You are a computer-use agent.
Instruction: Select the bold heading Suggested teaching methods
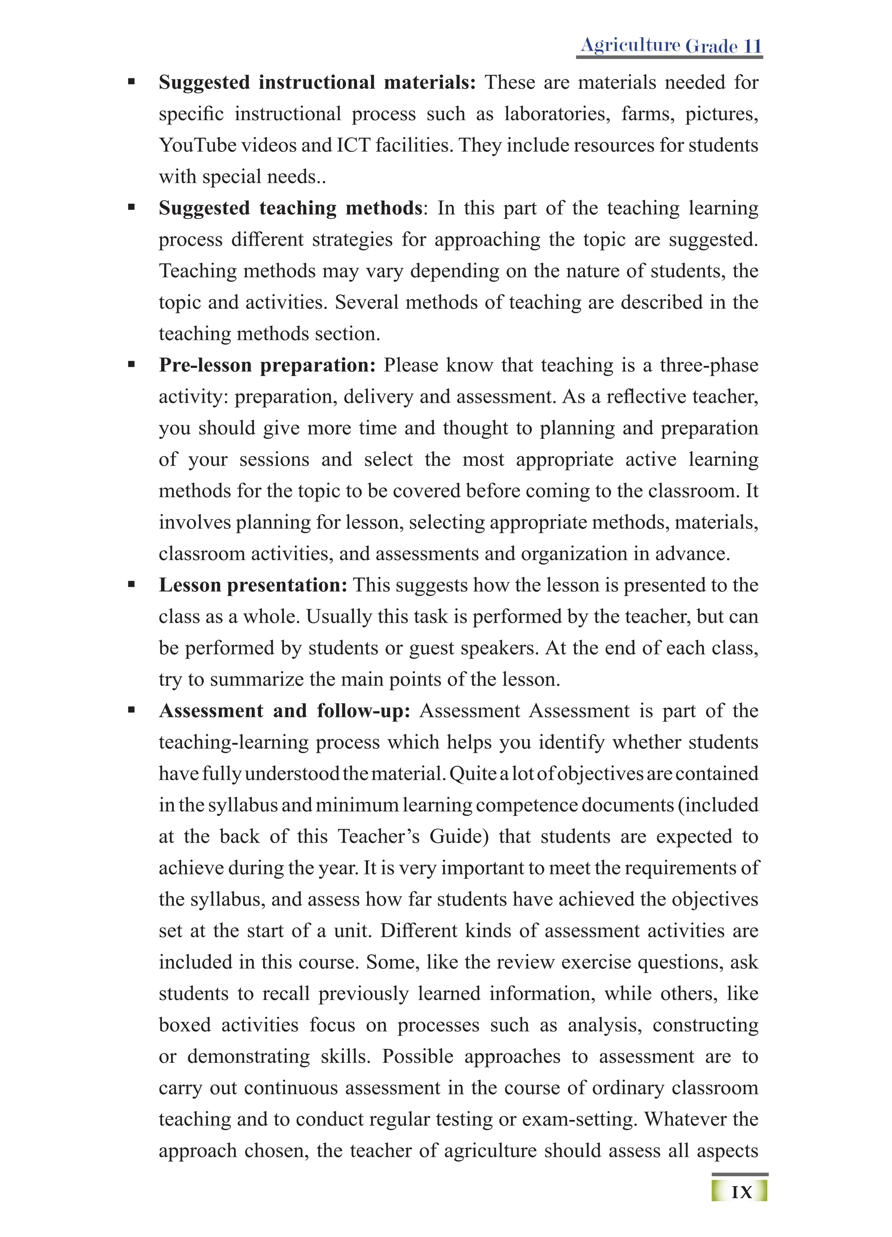(x=290, y=209)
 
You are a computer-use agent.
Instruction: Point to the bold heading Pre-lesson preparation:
(x=267, y=365)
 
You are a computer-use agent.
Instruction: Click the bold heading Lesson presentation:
(x=253, y=585)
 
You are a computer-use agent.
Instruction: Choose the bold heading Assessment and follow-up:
(x=284, y=711)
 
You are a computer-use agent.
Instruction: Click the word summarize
(x=257, y=680)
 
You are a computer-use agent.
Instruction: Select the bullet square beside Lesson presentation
(x=131, y=585)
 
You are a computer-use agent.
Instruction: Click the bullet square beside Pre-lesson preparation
(x=131, y=365)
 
